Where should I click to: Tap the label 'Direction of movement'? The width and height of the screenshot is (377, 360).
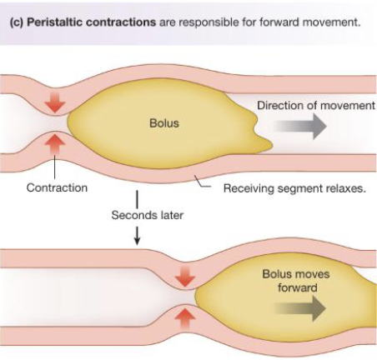316,106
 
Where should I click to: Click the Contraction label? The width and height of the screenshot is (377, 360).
58,187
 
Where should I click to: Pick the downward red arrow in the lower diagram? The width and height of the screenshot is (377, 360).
185,275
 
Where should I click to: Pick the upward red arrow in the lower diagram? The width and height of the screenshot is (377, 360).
185,316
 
